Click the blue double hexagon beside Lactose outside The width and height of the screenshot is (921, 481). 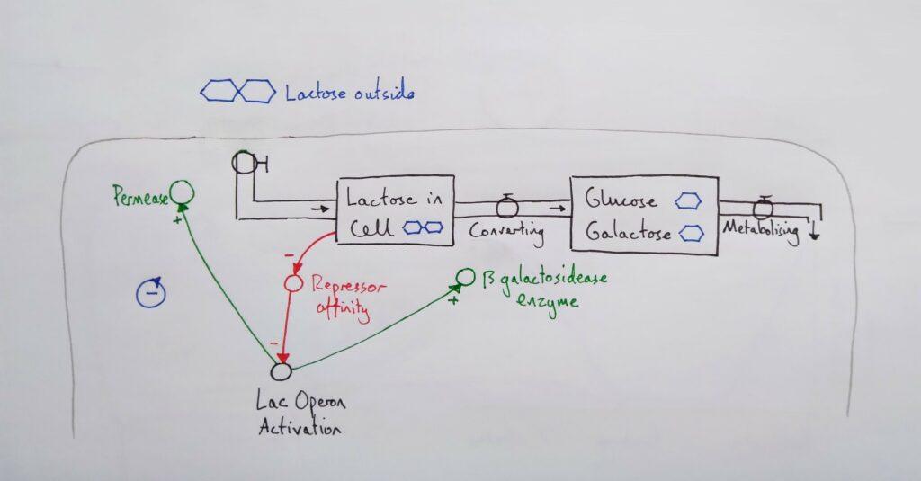(237, 91)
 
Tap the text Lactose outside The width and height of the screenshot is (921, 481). (350, 93)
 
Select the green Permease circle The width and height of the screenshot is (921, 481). (183, 192)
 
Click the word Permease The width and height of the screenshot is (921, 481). (140, 193)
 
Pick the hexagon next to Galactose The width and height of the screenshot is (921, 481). (692, 233)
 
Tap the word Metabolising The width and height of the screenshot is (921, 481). (761, 230)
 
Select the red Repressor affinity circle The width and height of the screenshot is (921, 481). (291, 283)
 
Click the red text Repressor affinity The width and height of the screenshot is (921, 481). (348, 296)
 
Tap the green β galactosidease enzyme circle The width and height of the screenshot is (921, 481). (465, 277)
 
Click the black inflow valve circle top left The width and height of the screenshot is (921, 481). (244, 162)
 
